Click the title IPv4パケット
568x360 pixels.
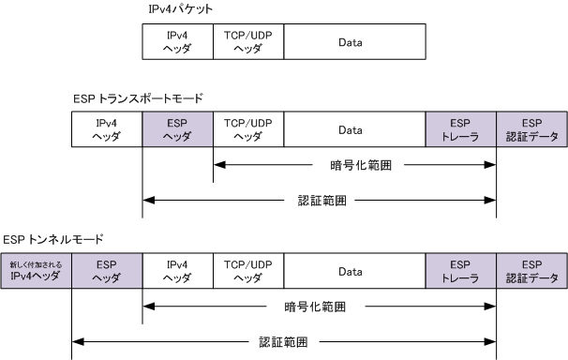tap(180, 9)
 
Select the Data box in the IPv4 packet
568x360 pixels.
tap(354, 41)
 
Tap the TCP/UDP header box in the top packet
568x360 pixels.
tap(248, 41)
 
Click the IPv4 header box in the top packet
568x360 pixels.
tap(177, 41)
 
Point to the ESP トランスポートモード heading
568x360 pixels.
tap(138, 98)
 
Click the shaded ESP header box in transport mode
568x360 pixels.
tap(177, 129)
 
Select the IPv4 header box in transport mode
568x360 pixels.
tap(107, 129)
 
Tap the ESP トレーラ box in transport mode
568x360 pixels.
tap(461, 129)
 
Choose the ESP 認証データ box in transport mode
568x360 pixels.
tap(531, 129)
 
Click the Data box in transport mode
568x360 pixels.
tap(354, 129)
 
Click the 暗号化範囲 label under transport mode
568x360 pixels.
tap(361, 165)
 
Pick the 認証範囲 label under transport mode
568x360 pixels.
tap(322, 201)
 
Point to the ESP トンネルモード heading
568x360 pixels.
tap(53, 239)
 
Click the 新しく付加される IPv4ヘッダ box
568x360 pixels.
tap(36, 271)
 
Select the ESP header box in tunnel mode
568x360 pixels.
tap(107, 271)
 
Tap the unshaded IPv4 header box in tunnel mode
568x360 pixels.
tap(177, 271)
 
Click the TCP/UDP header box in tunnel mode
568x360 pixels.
tap(248, 271)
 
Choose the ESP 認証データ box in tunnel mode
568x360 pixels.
tap(531, 271)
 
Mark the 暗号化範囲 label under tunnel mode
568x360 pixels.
tap(315, 307)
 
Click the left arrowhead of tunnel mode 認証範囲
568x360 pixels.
tap(78, 341)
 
